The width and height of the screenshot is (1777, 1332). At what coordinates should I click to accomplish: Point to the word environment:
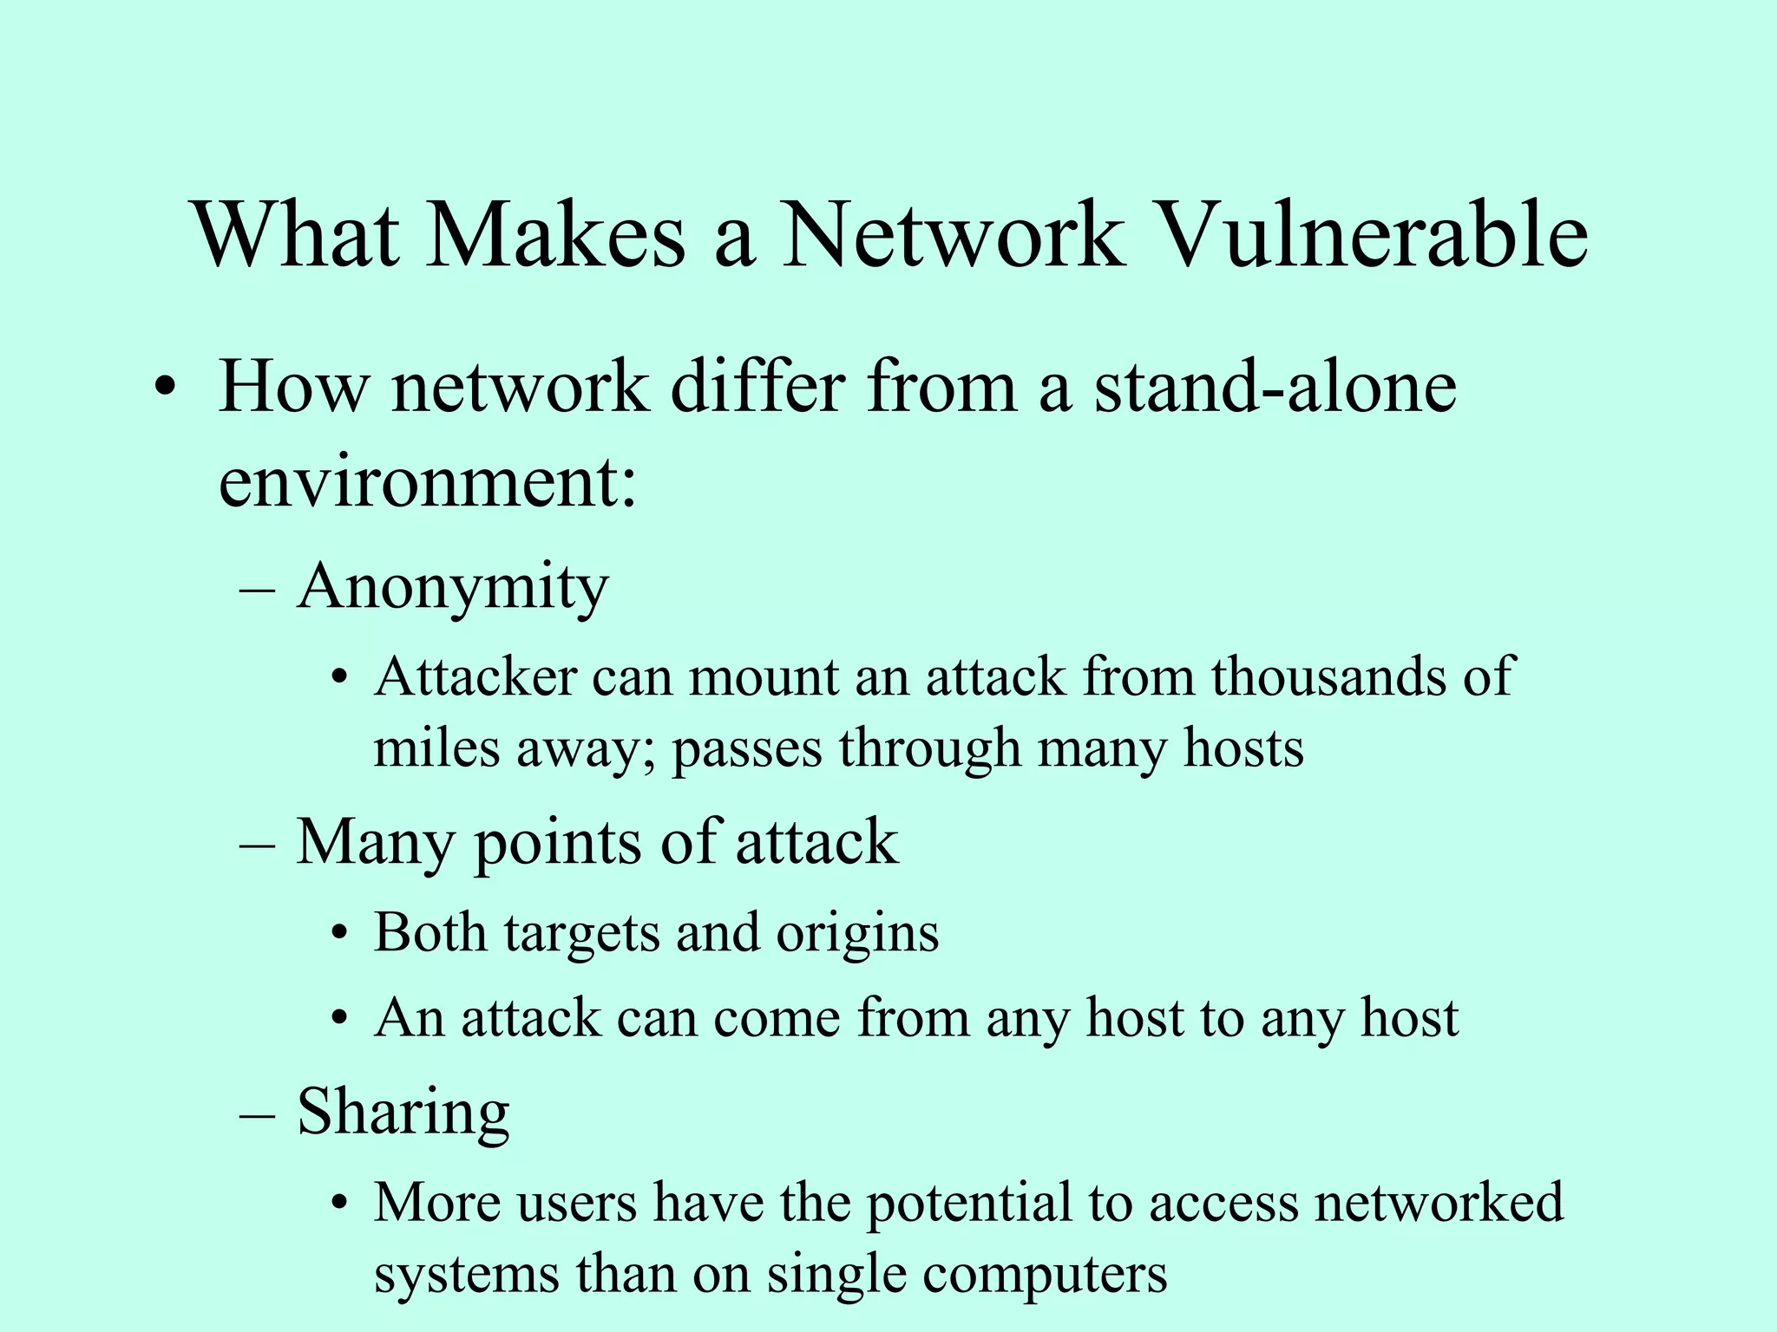pos(428,482)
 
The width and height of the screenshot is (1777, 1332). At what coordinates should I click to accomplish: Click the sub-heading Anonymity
pos(452,588)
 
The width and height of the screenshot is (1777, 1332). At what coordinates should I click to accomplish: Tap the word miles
pos(436,748)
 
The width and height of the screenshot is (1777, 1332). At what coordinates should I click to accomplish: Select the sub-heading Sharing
pos(403,1113)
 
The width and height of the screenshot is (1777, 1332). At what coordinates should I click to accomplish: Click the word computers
pos(1045,1276)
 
